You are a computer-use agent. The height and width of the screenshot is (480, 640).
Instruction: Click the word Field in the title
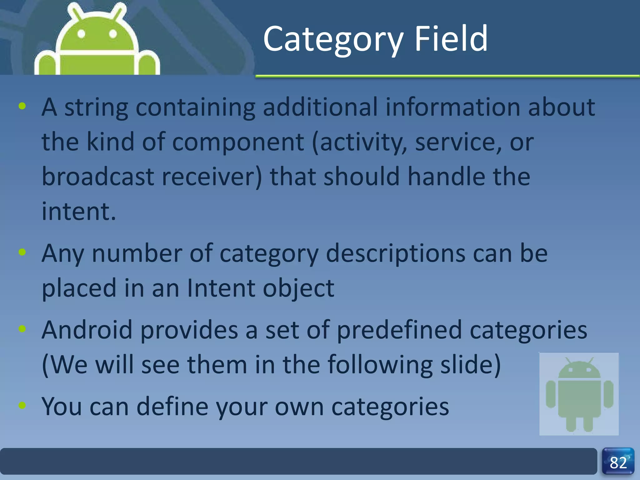[451, 39]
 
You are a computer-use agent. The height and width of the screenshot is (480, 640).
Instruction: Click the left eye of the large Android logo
[81, 34]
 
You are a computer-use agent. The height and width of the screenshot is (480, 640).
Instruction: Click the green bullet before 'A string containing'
[22, 106]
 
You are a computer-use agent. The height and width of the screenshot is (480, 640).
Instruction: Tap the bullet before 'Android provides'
[22, 329]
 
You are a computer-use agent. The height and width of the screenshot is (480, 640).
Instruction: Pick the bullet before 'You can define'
[22, 405]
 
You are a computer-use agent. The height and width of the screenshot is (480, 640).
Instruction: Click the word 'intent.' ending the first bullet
[79, 212]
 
